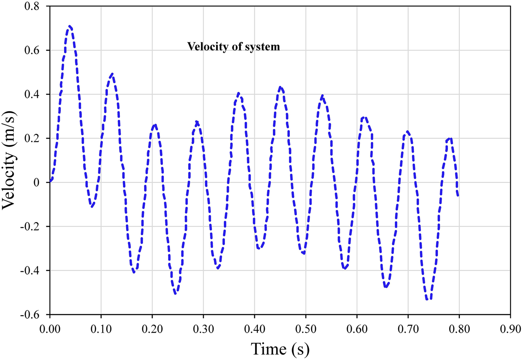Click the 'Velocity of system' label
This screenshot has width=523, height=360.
pyautogui.click(x=233, y=47)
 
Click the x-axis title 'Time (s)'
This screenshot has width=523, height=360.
pyautogui.click(x=280, y=349)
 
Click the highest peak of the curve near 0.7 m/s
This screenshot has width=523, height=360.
pyautogui.click(x=70, y=26)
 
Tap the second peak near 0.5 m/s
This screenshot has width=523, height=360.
pyautogui.click(x=112, y=74)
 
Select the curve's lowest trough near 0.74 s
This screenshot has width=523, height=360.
pyautogui.click(x=429, y=300)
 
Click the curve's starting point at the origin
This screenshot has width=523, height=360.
pyautogui.click(x=50, y=182)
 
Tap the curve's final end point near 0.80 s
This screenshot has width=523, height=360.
pyautogui.click(x=458, y=196)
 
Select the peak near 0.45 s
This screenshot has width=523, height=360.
pyautogui.click(x=280, y=87)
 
